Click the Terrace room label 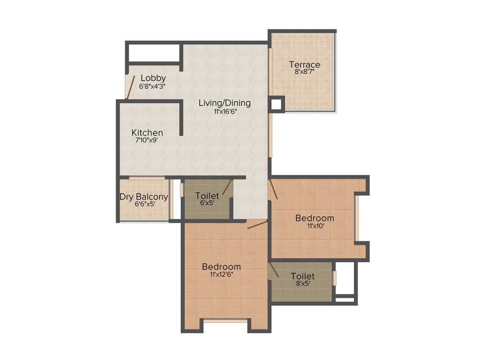click(x=304, y=65)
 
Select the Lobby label click(x=153, y=78)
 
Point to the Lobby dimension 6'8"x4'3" click(x=152, y=86)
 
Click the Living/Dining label click(x=225, y=103)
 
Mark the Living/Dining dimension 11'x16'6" click(x=225, y=112)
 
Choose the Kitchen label click(x=147, y=133)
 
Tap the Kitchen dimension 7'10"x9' click(x=147, y=140)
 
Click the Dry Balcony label click(x=144, y=197)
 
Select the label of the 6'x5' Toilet click(x=207, y=195)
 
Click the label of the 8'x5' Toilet click(x=302, y=277)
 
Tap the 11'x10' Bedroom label click(x=315, y=218)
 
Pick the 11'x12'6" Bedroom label click(x=221, y=267)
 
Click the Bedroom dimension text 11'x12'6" click(x=221, y=275)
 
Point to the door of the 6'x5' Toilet click(x=227, y=187)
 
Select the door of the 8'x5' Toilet click(x=273, y=270)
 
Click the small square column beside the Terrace click(x=277, y=104)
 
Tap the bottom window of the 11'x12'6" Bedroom click(x=225, y=321)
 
